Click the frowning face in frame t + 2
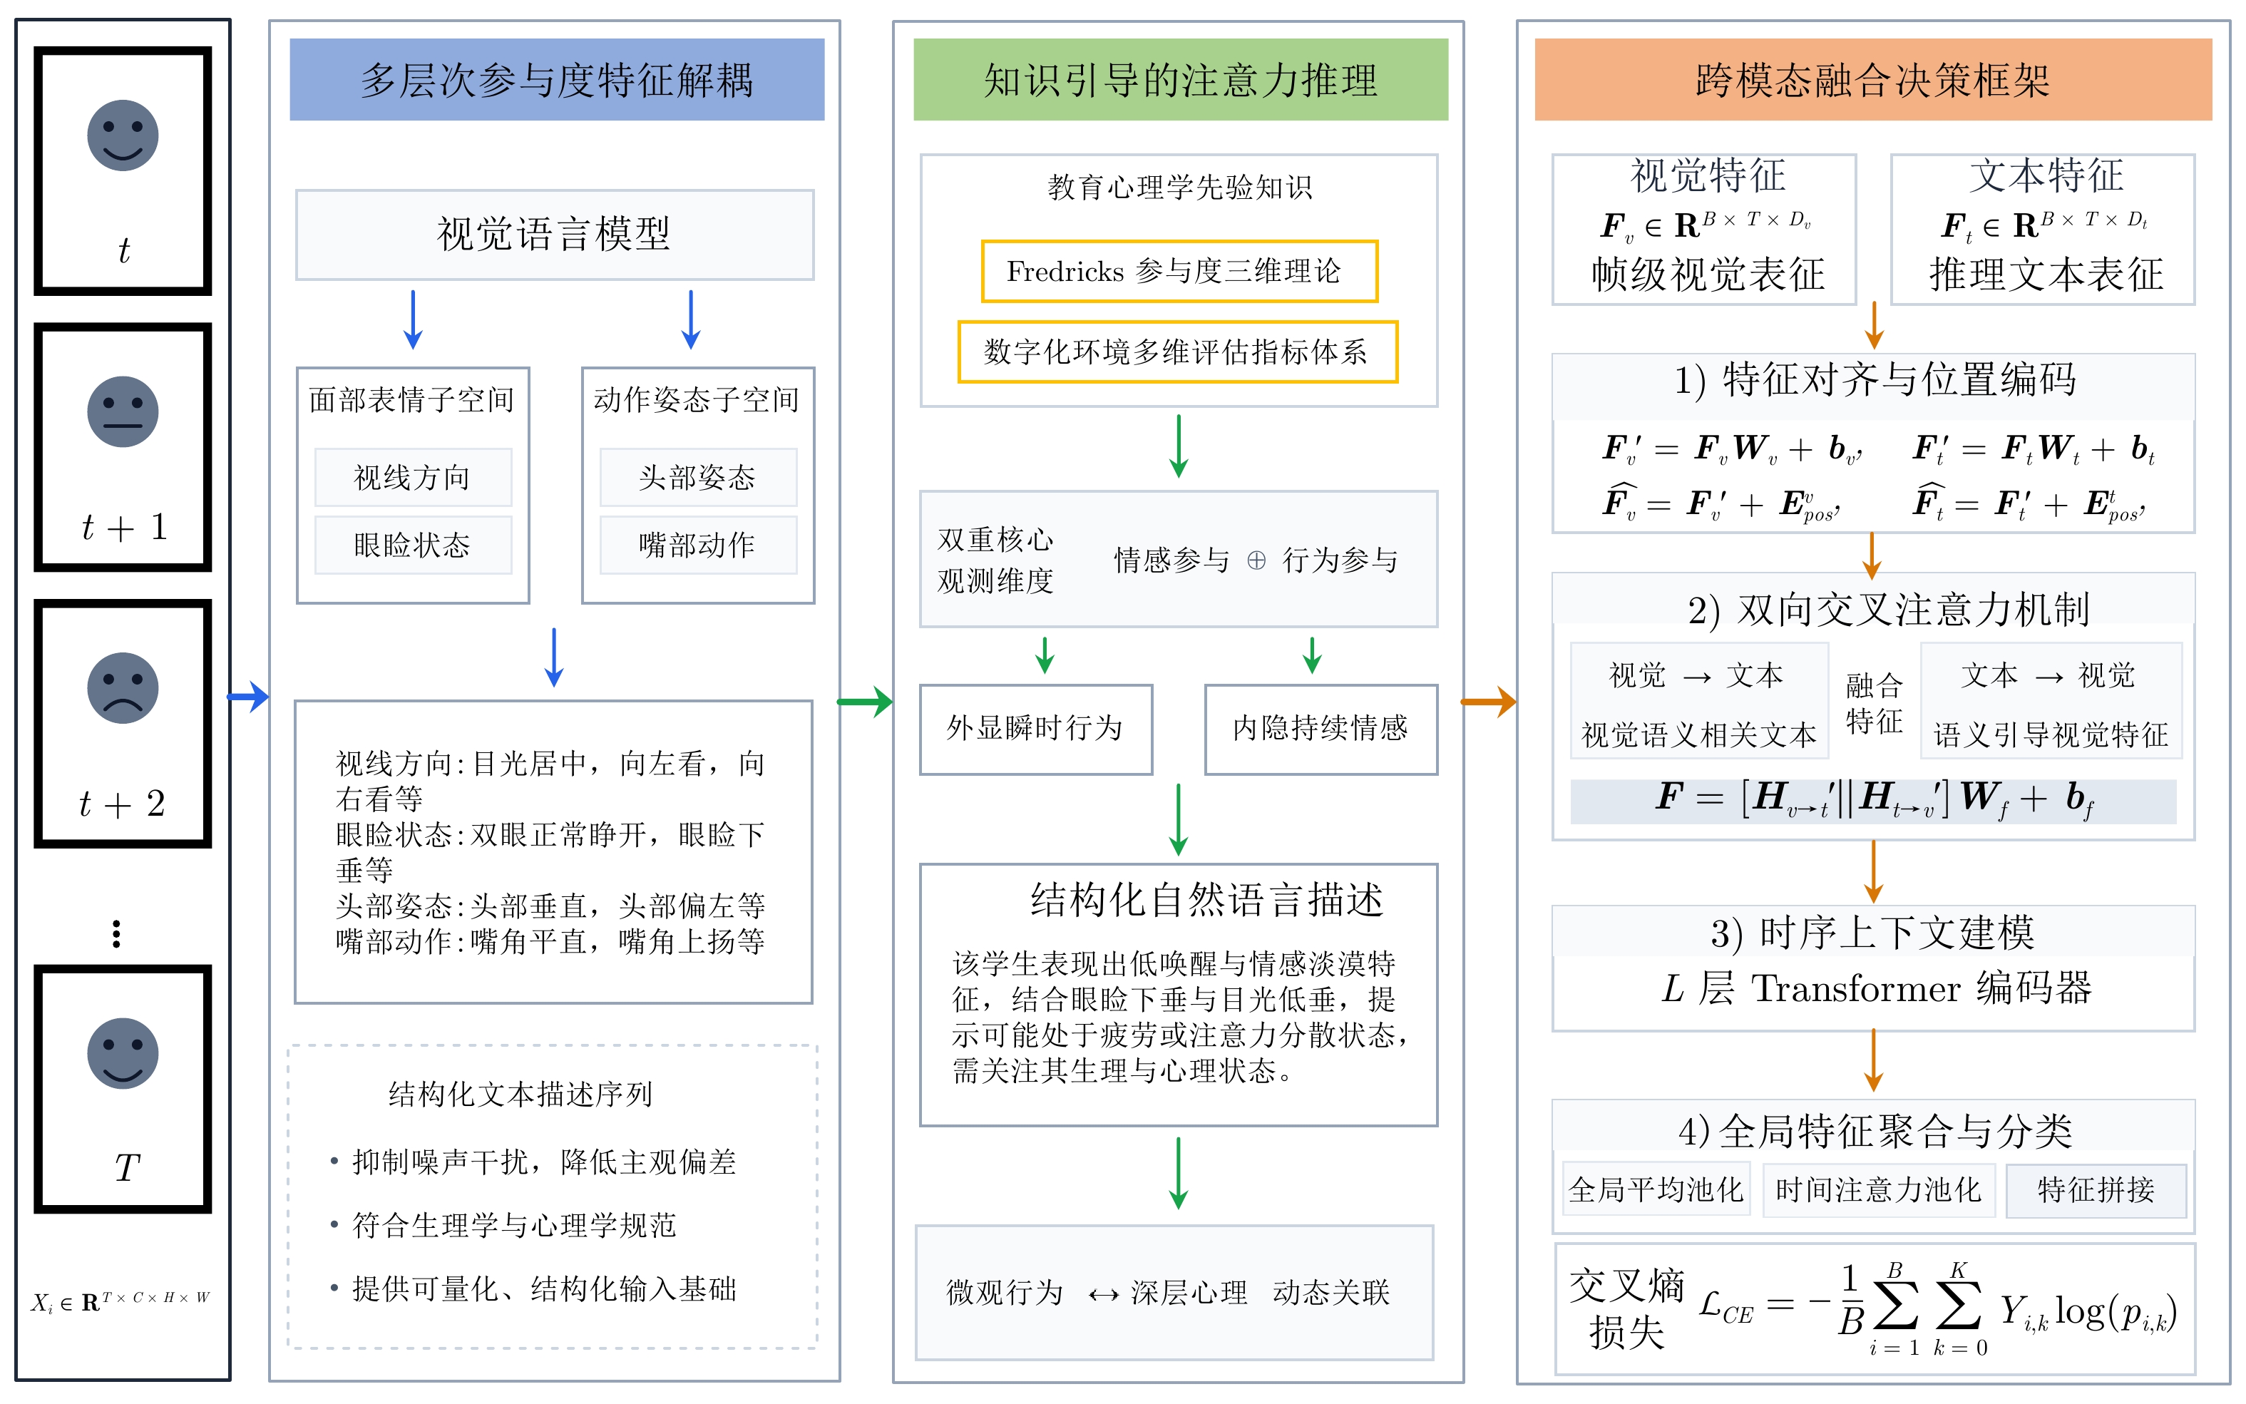123,688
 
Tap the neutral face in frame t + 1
123,411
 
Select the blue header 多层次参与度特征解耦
556,80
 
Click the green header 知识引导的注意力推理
1180,80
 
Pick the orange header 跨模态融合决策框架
1873,80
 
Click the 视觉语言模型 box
554,235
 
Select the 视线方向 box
413,477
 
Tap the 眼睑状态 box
413,545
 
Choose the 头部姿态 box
698,477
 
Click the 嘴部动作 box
698,545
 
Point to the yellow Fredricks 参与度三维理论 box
1179,271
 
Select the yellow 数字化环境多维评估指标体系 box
1177,352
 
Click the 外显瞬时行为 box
1035,729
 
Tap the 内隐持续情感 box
1321,729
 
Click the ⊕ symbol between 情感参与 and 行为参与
1256,560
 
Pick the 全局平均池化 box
1656,1189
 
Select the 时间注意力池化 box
1878,1189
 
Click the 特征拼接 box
2096,1189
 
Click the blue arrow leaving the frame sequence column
249,695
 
